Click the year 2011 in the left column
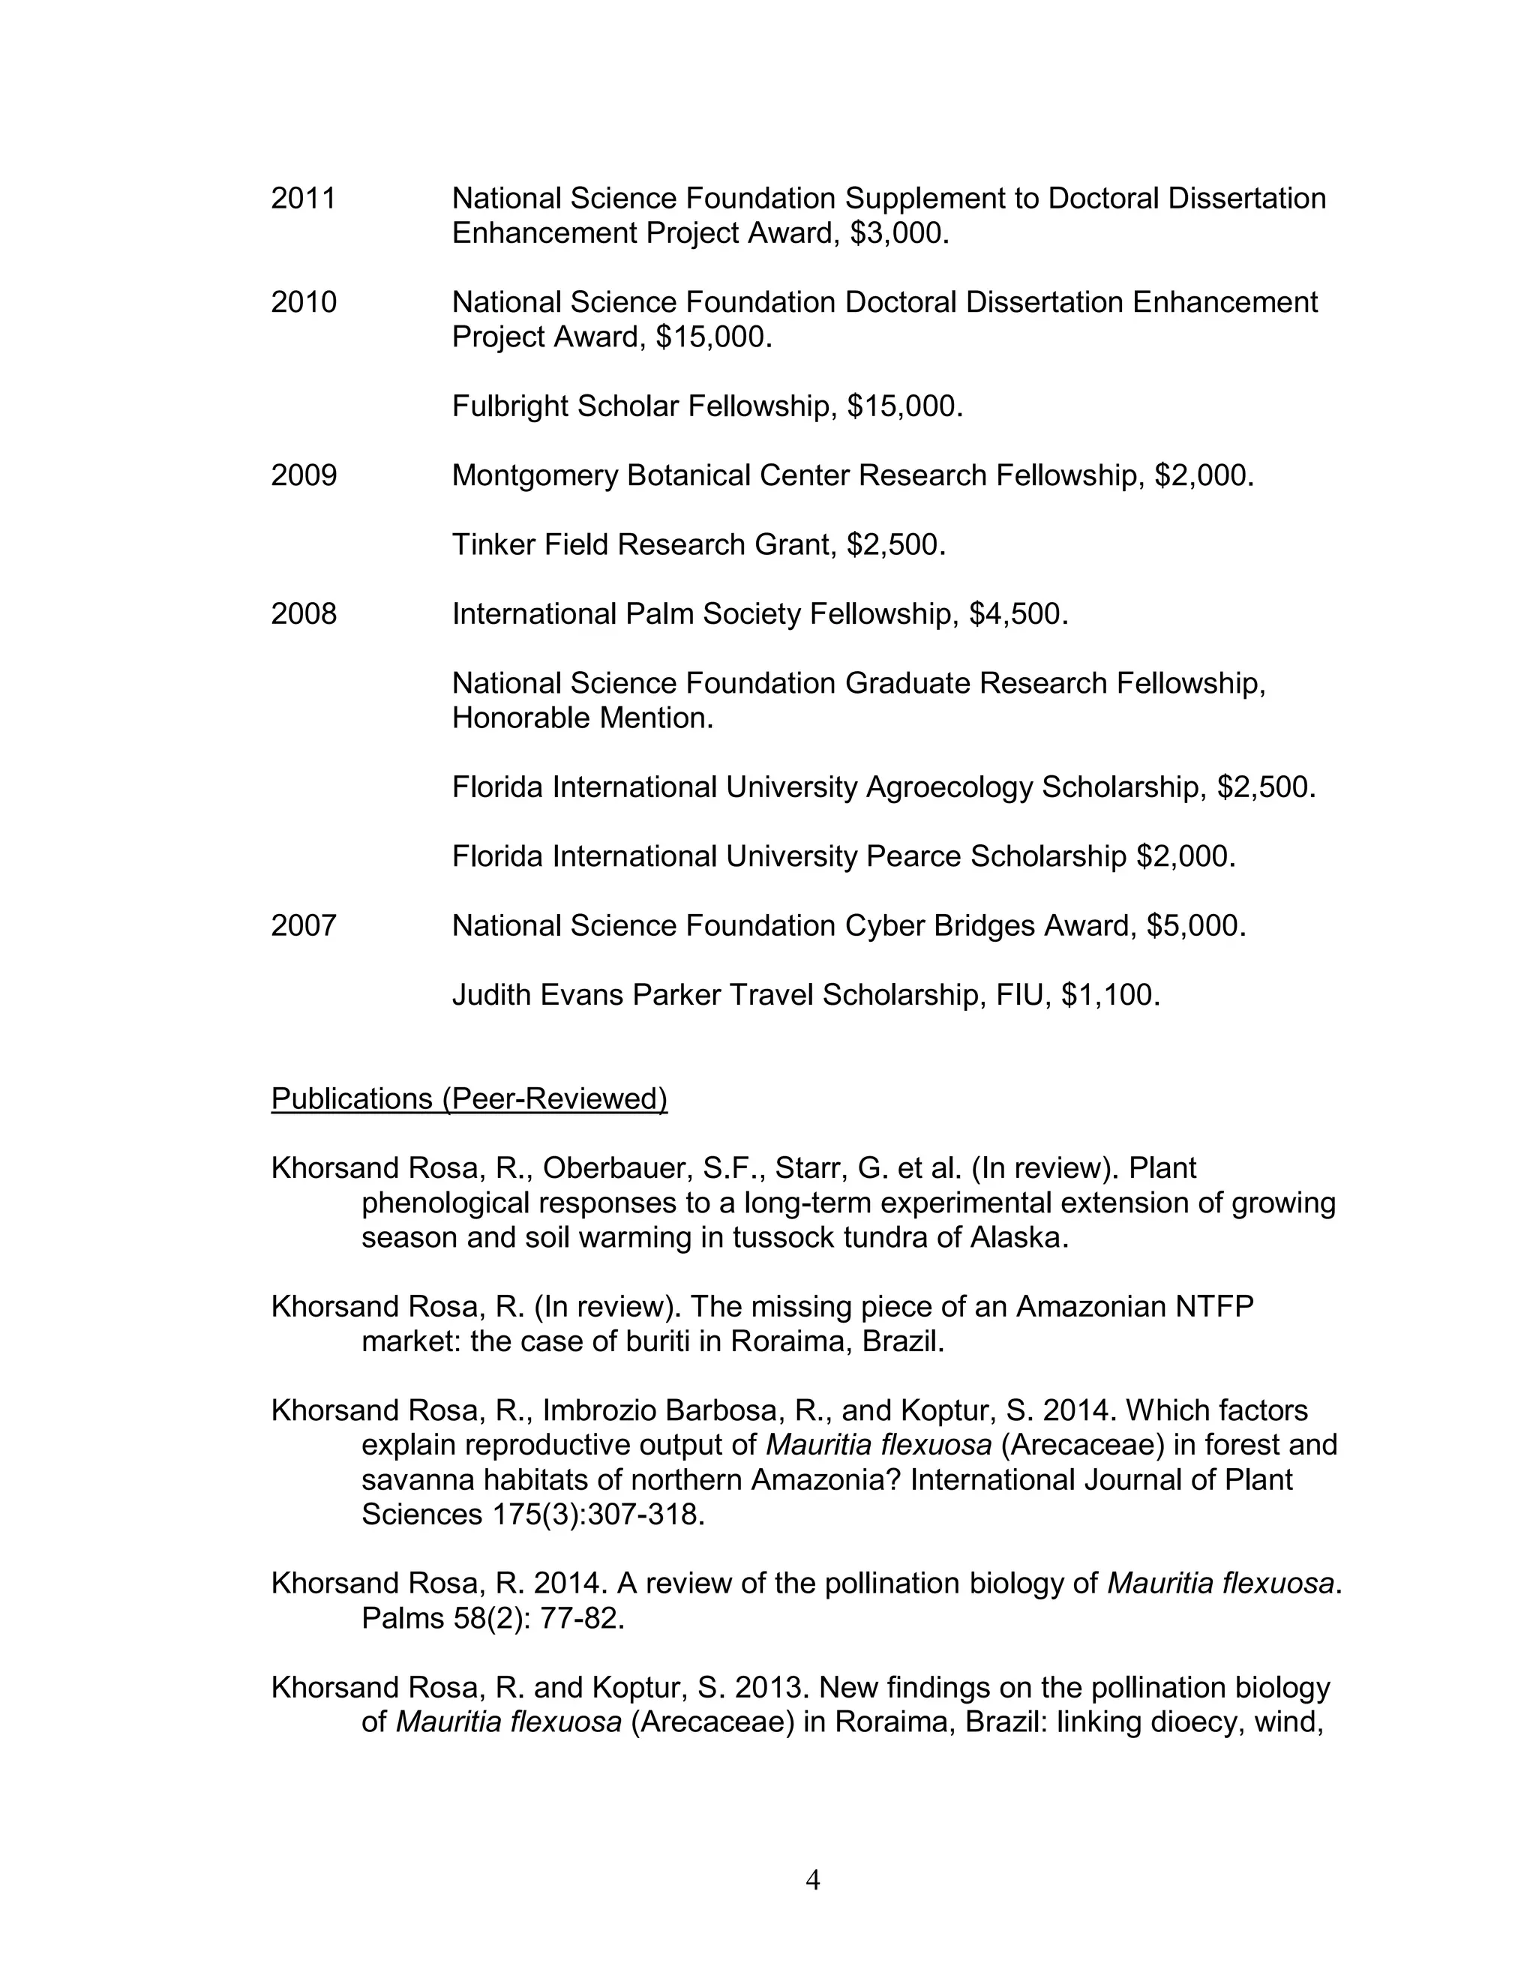[x=303, y=199]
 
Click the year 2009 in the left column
[x=303, y=476]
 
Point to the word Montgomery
[x=535, y=476]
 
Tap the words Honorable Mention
[x=582, y=719]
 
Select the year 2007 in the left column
[x=303, y=926]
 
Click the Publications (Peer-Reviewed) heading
[x=469, y=1099]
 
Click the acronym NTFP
[x=1214, y=1308]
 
